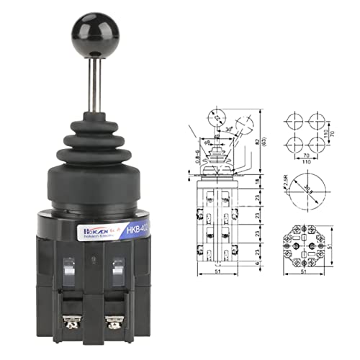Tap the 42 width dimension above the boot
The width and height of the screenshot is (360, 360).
[217, 135]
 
